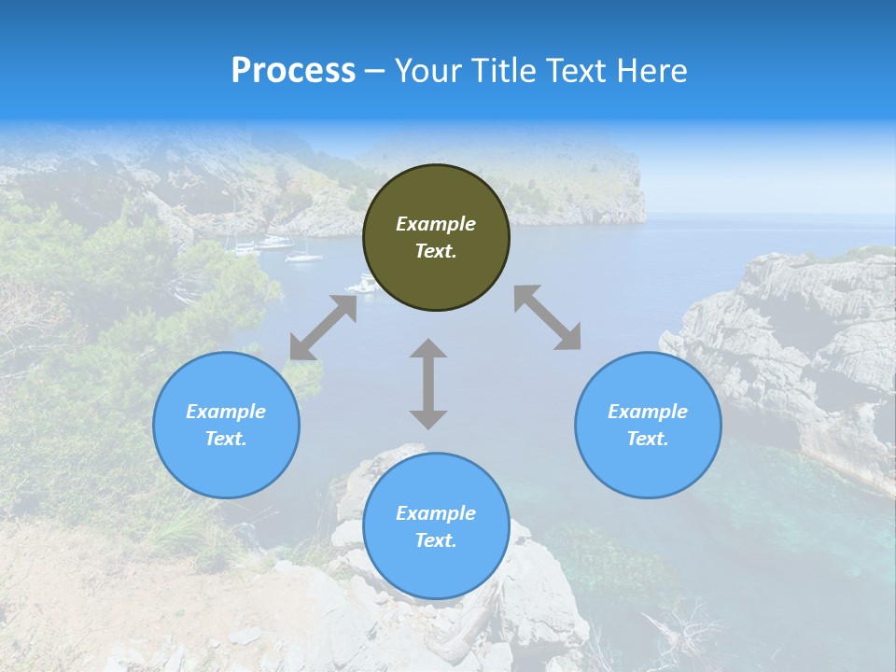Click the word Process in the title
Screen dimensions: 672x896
click(x=293, y=71)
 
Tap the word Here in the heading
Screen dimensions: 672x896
click(x=652, y=71)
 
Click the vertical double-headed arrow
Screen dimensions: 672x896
click(x=428, y=384)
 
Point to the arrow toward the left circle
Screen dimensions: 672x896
click(x=323, y=328)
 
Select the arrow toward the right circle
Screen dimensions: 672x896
click(x=547, y=317)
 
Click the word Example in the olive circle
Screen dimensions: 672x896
click(x=436, y=224)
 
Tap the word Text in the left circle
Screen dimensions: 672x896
click(x=226, y=439)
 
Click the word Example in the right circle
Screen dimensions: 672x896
click(x=648, y=412)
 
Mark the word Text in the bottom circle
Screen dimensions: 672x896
click(x=436, y=540)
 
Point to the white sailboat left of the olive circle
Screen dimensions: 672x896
click(x=303, y=255)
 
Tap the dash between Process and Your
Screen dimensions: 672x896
click(x=375, y=72)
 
